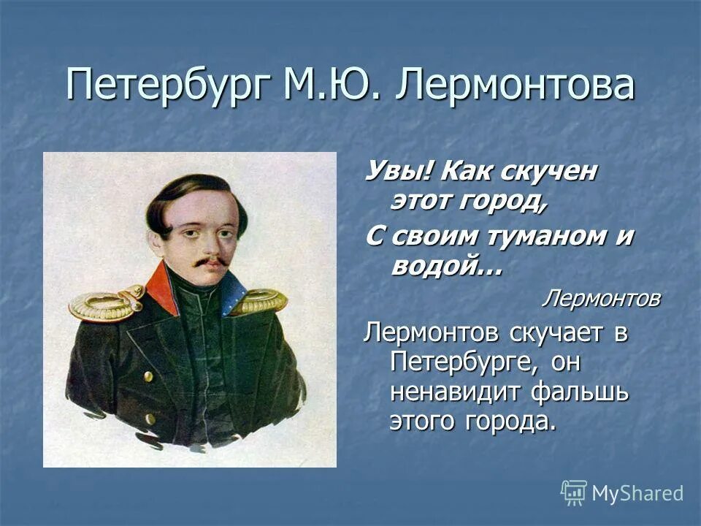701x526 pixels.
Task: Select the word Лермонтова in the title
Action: tap(514, 85)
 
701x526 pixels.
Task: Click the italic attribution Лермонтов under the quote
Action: tap(600, 298)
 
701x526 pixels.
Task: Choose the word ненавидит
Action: tap(456, 392)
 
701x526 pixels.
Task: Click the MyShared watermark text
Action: tap(637, 493)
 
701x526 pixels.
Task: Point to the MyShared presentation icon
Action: tap(574, 493)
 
